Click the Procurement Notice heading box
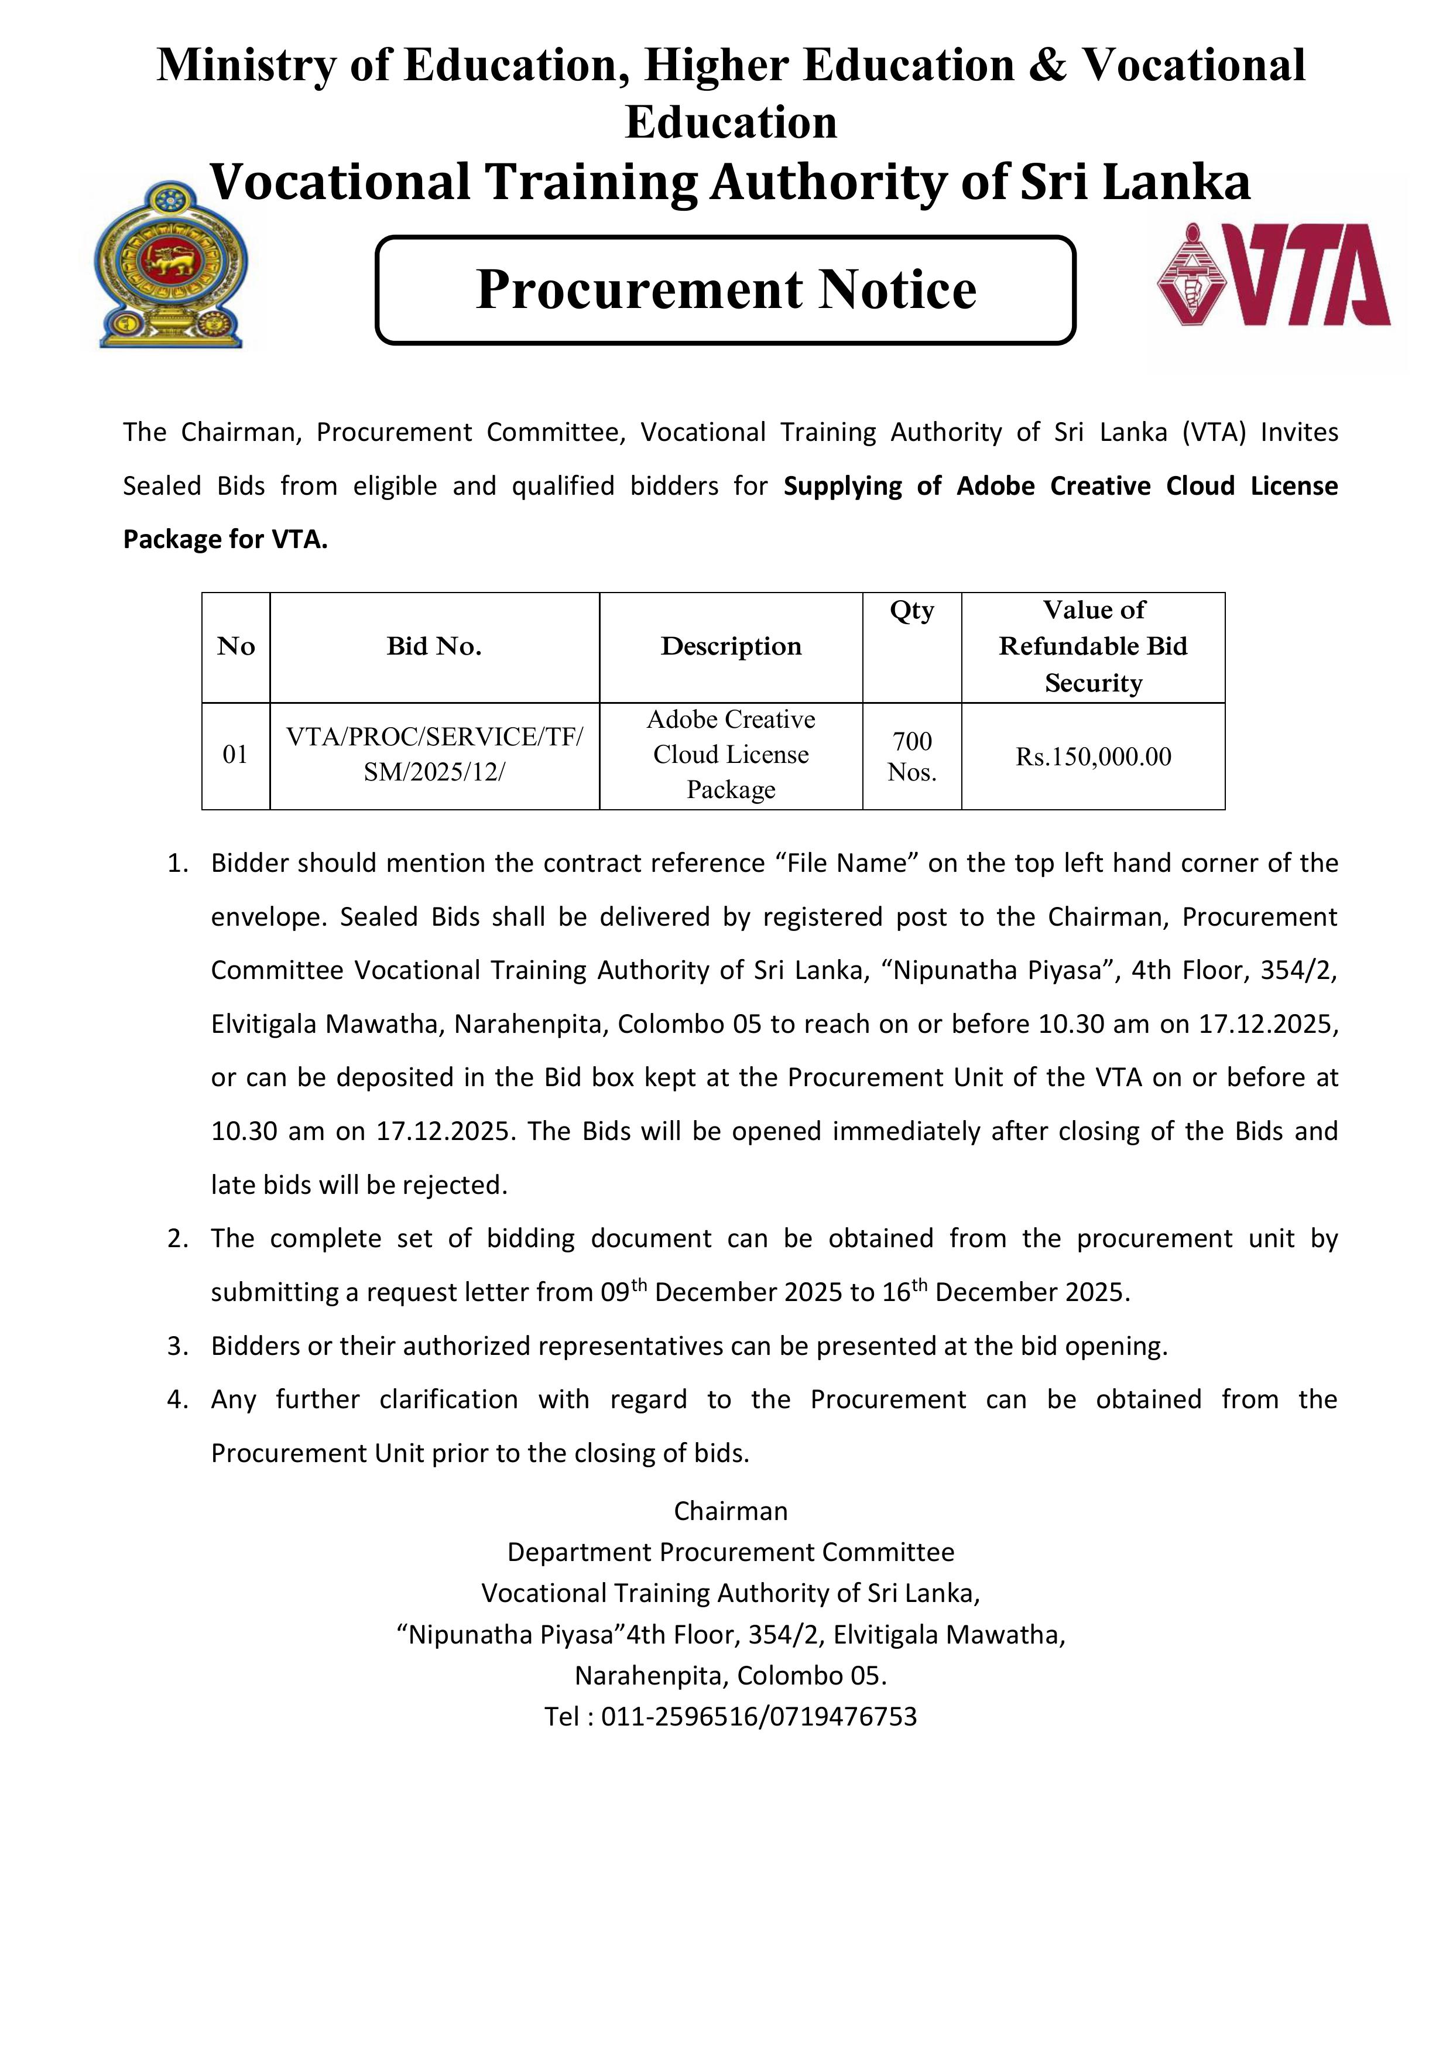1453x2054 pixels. pos(725,290)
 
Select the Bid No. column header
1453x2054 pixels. pos(434,647)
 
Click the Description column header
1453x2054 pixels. pos(731,647)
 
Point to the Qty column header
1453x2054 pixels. pos(911,611)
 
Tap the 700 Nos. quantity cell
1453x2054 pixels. pos(911,757)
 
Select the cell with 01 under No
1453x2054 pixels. pos(235,755)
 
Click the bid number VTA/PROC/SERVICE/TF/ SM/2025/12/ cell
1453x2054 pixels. pos(434,755)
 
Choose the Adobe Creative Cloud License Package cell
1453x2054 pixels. pos(731,755)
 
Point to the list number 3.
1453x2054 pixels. pos(177,1346)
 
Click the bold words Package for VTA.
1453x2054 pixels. pos(225,539)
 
